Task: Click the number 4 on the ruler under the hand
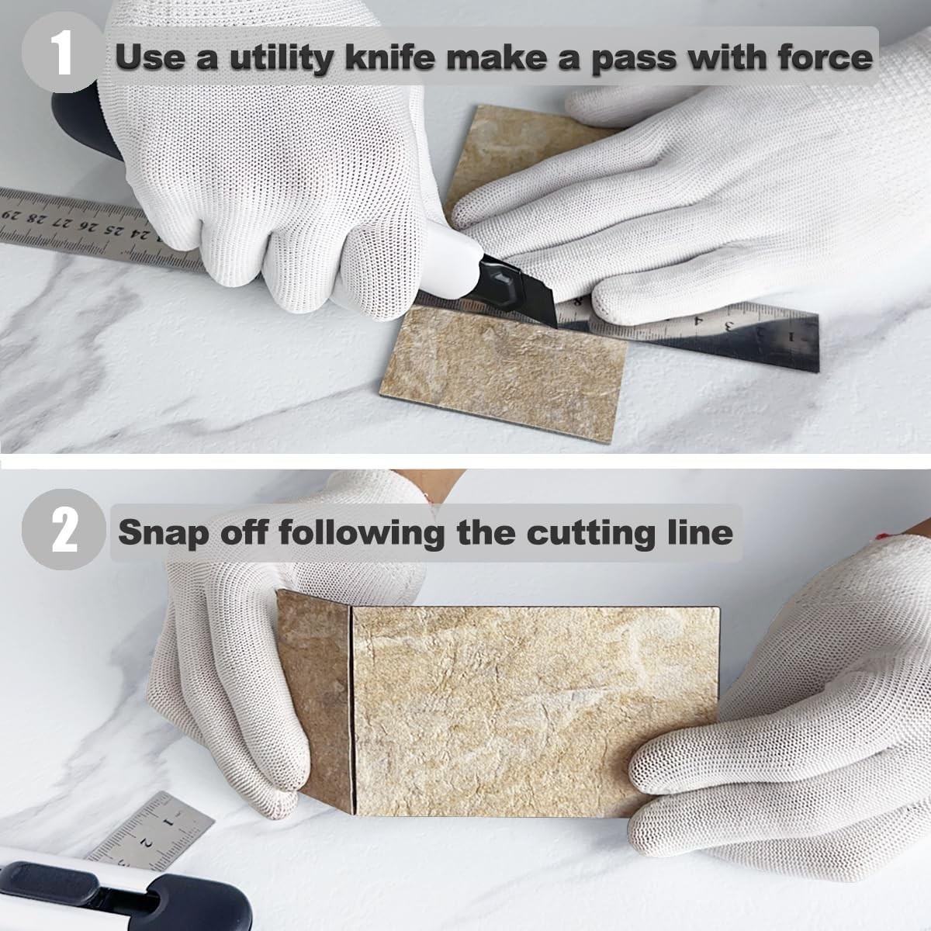click(697, 320)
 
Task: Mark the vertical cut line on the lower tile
click(352, 709)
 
